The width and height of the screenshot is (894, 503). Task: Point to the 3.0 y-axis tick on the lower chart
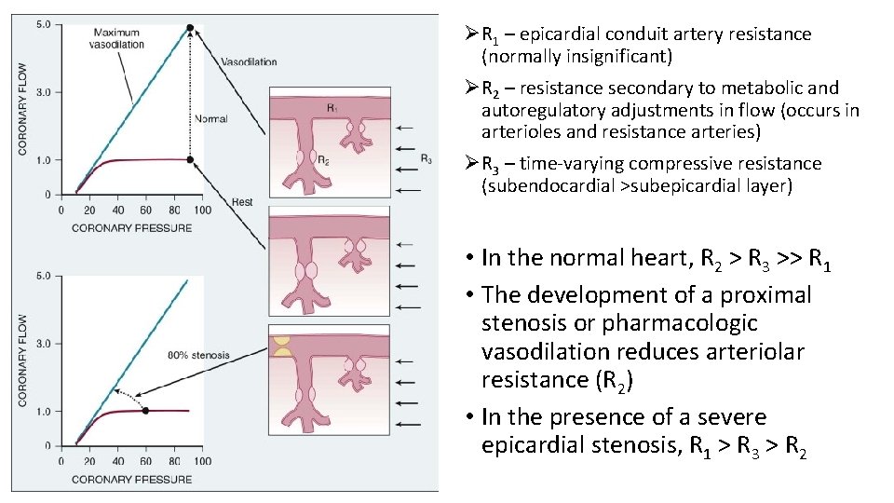(x=43, y=344)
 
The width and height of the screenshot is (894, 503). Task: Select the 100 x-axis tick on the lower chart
(x=202, y=460)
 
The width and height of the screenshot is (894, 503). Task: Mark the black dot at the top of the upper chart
(x=190, y=28)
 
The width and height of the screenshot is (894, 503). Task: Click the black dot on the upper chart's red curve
(x=190, y=159)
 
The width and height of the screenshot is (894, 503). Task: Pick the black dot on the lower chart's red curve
(x=145, y=411)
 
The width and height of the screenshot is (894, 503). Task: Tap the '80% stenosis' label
(x=198, y=355)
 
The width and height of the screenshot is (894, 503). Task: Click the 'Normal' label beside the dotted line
(x=210, y=119)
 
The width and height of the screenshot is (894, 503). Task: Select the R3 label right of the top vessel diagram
(x=426, y=158)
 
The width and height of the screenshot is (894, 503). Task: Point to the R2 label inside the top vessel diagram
(x=322, y=160)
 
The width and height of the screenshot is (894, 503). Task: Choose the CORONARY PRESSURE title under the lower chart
(x=131, y=479)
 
